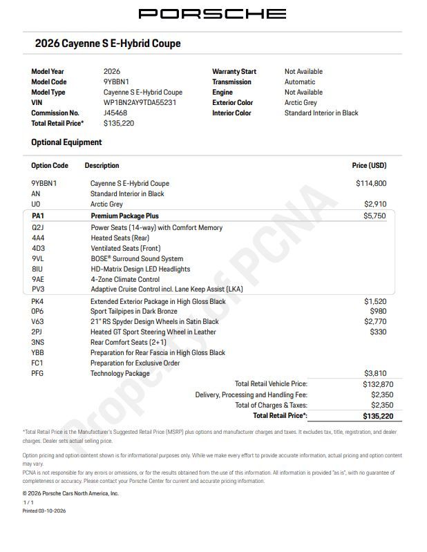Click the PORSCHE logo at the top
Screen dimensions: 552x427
point(212,14)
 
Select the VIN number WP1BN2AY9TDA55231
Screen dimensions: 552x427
point(140,102)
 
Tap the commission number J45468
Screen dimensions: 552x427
point(115,113)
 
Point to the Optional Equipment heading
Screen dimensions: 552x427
point(66,142)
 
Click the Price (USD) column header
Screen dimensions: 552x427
point(369,166)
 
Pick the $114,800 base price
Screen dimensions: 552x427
point(371,184)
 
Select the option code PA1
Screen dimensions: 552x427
point(37,216)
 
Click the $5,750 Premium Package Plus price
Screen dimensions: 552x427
point(374,216)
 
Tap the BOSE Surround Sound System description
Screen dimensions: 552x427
point(137,259)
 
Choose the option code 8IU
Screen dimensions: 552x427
point(37,269)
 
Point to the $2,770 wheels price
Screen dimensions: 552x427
point(375,322)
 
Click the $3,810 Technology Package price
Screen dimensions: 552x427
point(375,374)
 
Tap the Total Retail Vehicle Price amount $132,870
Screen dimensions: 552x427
point(373,384)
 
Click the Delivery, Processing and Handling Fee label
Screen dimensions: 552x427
point(251,395)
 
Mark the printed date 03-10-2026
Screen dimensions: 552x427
point(53,511)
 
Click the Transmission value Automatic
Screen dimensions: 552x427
point(300,82)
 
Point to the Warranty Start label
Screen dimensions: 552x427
point(234,71)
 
